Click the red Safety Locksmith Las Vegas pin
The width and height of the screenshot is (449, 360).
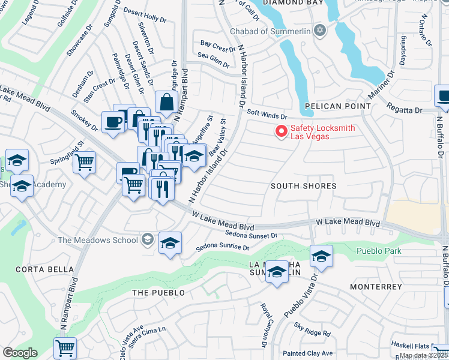click(280, 131)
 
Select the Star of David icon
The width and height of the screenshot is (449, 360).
click(319, 30)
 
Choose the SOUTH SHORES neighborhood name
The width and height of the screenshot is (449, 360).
click(303, 186)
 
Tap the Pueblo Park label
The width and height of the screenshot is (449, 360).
click(379, 251)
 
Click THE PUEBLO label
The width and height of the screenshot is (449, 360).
click(156, 292)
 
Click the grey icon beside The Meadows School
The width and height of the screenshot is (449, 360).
click(147, 240)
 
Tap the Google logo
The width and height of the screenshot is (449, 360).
click(19, 353)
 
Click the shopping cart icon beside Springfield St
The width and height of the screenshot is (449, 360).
click(85, 162)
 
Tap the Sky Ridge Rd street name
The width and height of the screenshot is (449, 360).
click(312, 329)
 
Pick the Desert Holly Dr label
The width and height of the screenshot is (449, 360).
click(145, 15)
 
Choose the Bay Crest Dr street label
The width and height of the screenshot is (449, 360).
click(214, 46)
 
